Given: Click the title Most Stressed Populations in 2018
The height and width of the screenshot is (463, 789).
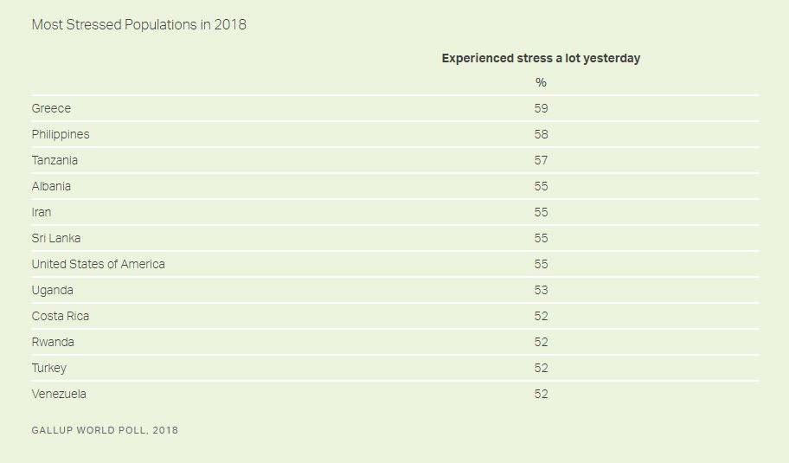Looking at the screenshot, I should [138, 24].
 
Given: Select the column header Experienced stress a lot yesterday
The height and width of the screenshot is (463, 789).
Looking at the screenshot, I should [541, 58].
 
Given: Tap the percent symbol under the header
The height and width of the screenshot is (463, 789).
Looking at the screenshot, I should [541, 82].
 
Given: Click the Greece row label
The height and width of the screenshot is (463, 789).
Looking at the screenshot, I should [51, 108].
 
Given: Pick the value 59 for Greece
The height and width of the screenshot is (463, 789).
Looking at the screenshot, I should [541, 108].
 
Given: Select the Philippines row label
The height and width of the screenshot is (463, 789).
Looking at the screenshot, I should [61, 134].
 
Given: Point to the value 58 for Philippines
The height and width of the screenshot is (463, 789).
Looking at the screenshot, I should [541, 134].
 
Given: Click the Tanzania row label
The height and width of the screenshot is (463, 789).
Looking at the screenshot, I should [55, 160].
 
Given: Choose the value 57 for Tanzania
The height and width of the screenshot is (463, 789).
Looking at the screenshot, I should [541, 160].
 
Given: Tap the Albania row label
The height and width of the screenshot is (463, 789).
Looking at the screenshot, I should [51, 186].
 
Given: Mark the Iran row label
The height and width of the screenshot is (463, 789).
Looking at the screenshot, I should [42, 212].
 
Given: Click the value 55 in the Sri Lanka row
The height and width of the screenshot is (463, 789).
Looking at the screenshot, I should [541, 238].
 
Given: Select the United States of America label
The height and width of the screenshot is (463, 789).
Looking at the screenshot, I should [98, 264].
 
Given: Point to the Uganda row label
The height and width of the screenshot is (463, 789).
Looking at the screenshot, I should [52, 290].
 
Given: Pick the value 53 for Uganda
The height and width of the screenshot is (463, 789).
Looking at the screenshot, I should [541, 290].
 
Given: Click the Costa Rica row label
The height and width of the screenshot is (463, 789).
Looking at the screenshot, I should [60, 316].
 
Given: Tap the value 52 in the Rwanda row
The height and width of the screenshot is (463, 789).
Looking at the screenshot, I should [541, 342].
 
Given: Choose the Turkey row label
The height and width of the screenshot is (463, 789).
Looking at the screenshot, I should [48, 368].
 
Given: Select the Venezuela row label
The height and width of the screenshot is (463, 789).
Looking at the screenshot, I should [59, 394].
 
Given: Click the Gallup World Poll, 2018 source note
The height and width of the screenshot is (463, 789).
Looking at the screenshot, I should [105, 430].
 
